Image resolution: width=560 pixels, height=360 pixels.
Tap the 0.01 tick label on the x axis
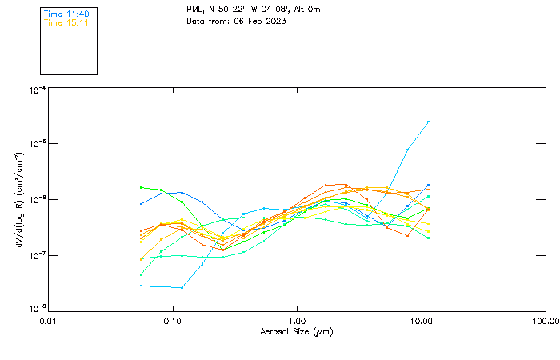49,321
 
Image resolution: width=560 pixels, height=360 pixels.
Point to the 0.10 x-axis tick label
173,321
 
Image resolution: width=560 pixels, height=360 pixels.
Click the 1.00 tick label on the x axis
298,321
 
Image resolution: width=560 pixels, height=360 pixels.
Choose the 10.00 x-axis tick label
422,321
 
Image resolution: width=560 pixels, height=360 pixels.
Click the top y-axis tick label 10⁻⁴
37,90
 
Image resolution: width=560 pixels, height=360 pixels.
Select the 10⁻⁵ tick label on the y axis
37,144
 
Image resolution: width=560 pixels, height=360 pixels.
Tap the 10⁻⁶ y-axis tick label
37,199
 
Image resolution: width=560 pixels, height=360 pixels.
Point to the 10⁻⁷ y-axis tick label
37,255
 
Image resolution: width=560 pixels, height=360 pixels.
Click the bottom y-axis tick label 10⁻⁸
37,308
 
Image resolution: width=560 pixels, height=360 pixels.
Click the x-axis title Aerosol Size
296,331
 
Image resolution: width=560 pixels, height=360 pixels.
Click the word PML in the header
195,10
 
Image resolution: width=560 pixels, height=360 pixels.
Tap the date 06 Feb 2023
260,21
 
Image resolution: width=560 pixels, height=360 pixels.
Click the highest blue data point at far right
428,122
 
